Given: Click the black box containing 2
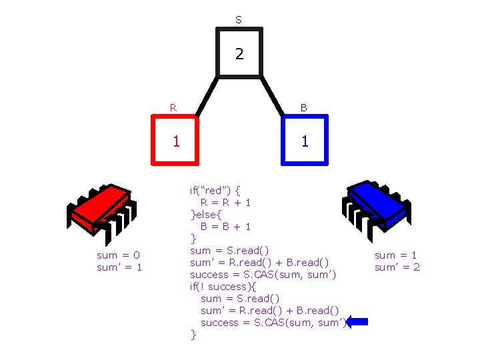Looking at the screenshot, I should click(x=239, y=53).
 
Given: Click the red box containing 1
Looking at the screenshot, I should click(x=175, y=140).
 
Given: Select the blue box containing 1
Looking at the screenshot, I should click(x=305, y=140).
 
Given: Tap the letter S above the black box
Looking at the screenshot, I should click(x=239, y=20).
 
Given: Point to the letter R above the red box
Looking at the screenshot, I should click(x=173, y=107).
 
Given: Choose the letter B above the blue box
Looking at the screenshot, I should click(x=303, y=107).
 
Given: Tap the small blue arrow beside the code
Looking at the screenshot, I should click(x=357, y=322).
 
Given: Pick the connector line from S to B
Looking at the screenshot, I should click(x=273, y=97).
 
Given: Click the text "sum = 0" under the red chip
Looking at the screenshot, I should click(x=119, y=255).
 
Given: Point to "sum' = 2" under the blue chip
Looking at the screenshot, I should click(x=397, y=267).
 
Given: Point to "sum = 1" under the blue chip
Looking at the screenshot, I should click(x=396, y=255).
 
